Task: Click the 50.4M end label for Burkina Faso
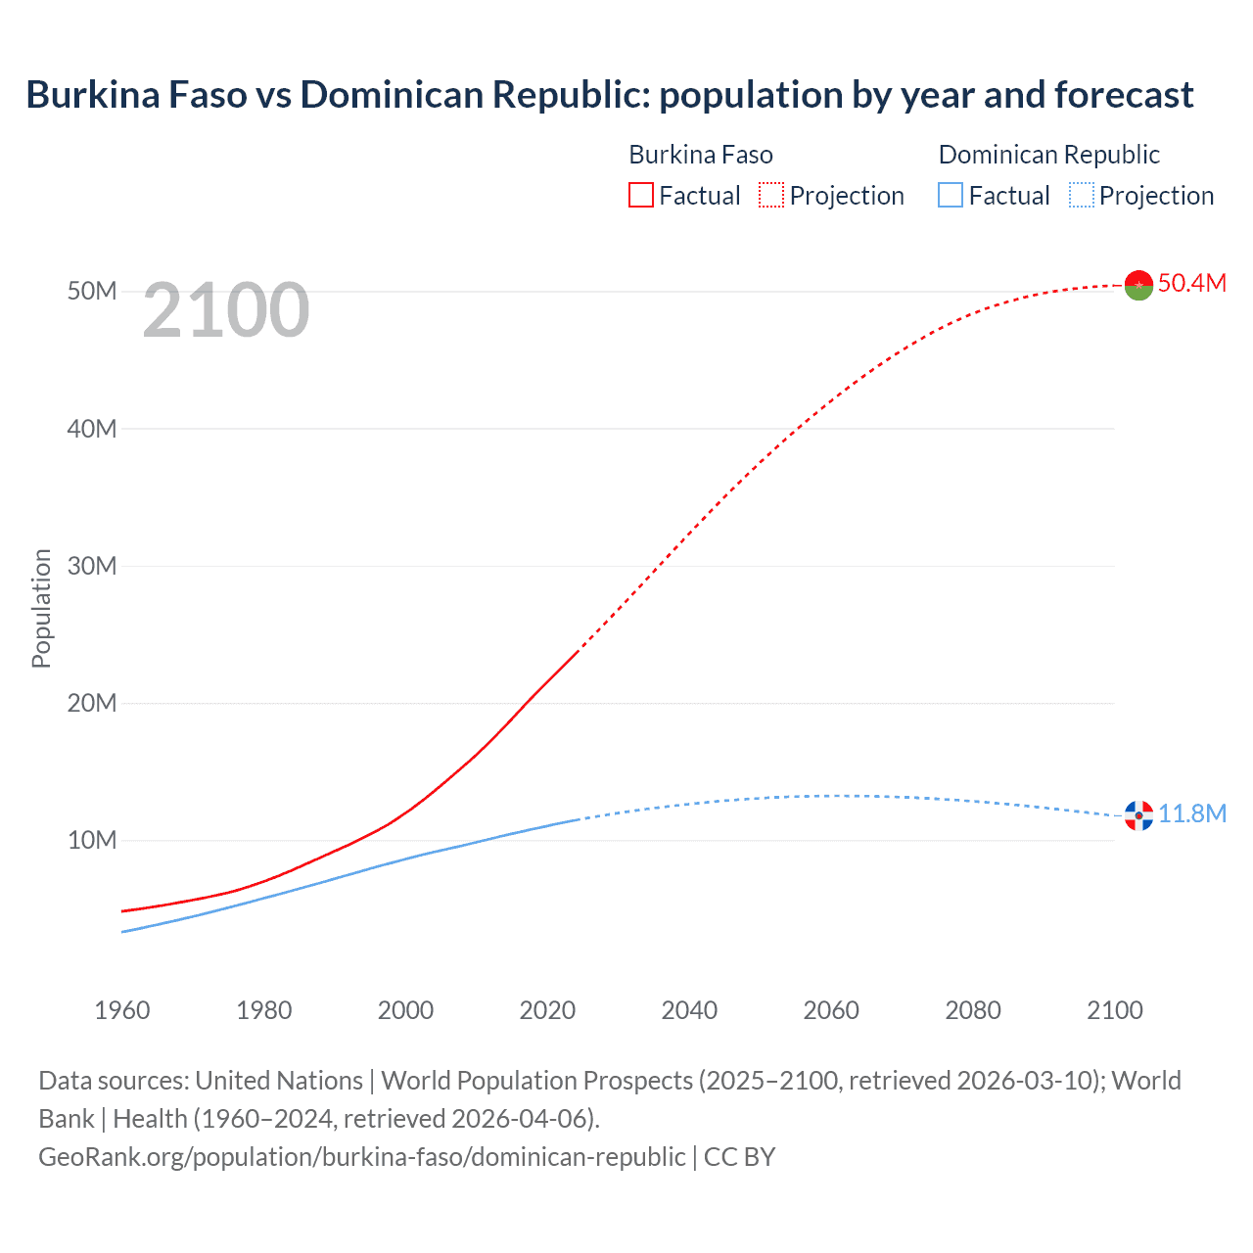point(1191,284)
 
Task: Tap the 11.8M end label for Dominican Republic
point(1191,814)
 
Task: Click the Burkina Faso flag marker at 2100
point(1138,285)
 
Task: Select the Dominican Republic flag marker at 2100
point(1138,814)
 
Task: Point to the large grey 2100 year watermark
point(226,310)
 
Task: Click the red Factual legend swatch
point(641,196)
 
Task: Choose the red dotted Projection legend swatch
point(771,196)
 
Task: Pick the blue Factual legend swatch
point(951,196)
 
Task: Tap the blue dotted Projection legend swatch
point(1082,196)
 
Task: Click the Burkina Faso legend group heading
point(700,155)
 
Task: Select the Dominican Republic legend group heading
point(1048,155)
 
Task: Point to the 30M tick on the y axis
point(92,566)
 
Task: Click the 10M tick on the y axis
point(92,840)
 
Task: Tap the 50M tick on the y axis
point(92,292)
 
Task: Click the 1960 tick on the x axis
point(122,1010)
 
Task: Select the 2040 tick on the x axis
point(689,1010)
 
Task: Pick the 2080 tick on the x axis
point(973,1010)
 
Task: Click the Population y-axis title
point(41,608)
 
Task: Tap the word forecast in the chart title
point(1124,95)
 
